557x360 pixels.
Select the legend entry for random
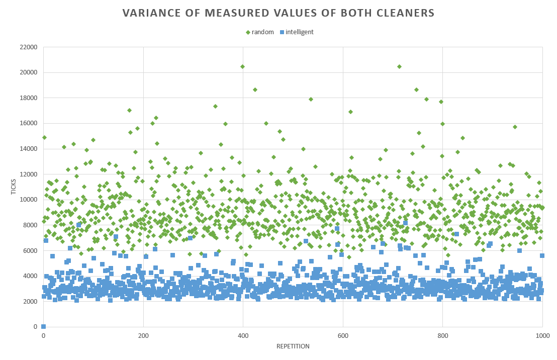tap(260, 32)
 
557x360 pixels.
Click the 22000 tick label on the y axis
tap(28, 47)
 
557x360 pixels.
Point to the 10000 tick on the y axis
tap(28, 200)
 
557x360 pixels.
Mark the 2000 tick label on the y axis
tap(30, 302)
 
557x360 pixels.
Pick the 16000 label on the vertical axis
tap(28, 123)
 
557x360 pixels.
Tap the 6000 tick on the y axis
tap(30, 250)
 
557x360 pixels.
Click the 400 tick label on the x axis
tap(243, 336)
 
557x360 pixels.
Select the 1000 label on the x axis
tap(542, 336)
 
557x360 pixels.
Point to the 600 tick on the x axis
tap(343, 336)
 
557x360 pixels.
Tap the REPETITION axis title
tap(293, 346)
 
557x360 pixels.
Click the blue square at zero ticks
tap(44, 327)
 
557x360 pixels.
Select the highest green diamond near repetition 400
tap(242, 66)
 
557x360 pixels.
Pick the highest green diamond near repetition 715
tap(399, 66)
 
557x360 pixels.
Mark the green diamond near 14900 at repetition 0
tap(44, 137)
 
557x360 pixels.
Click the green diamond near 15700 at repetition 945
tap(515, 127)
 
